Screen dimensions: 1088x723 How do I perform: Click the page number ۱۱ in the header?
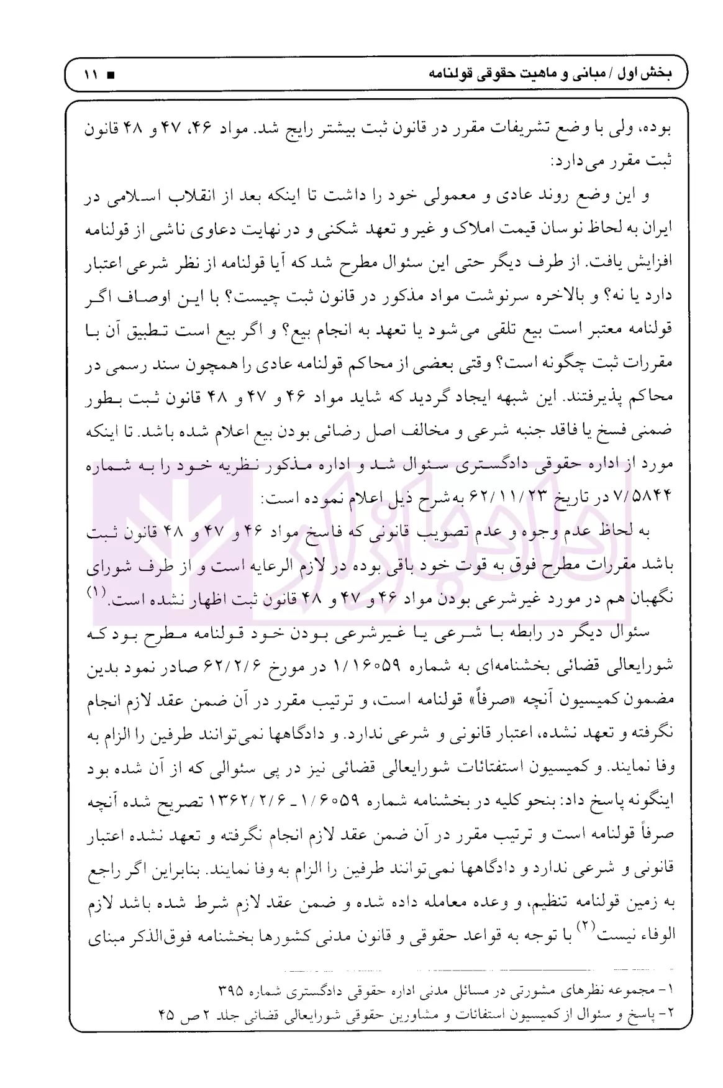click(92, 75)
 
